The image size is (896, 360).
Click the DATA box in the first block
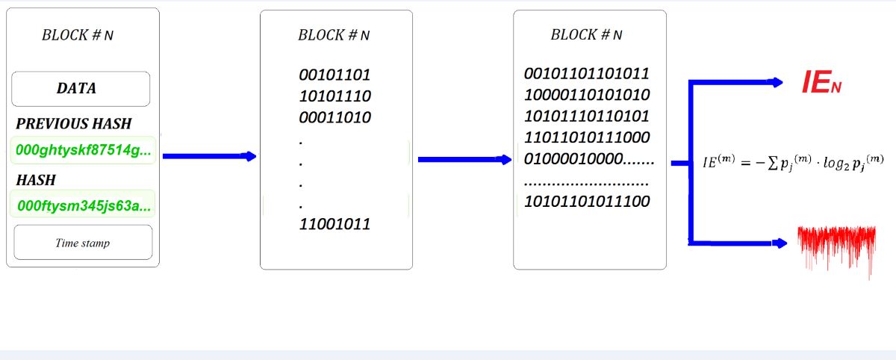(81, 89)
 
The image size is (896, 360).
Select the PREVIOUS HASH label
(74, 124)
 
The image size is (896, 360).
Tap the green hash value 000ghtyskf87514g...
(82, 151)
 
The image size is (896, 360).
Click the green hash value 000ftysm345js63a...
(82, 204)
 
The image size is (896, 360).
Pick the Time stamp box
(82, 243)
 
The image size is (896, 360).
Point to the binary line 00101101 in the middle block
(335, 75)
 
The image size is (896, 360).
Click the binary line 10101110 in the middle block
(335, 96)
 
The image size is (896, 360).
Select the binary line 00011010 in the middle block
(335, 117)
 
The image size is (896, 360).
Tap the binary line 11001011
(335, 224)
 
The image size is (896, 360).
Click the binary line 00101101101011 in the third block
(587, 74)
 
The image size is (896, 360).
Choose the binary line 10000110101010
(587, 96)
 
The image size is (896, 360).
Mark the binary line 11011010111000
(587, 138)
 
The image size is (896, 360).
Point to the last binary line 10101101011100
(587, 202)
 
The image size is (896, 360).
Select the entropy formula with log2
(794, 161)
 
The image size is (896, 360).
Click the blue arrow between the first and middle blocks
(209, 156)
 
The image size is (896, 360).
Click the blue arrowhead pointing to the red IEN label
(777, 82)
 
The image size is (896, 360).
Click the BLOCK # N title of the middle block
(334, 34)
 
